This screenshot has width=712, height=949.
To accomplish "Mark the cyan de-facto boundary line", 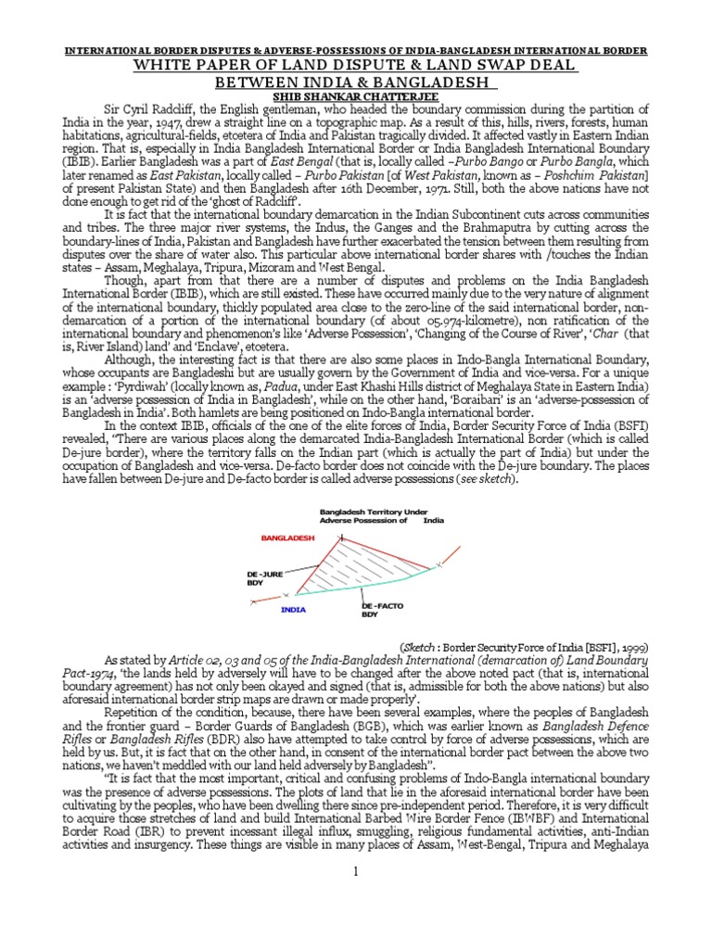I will (x=371, y=589).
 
